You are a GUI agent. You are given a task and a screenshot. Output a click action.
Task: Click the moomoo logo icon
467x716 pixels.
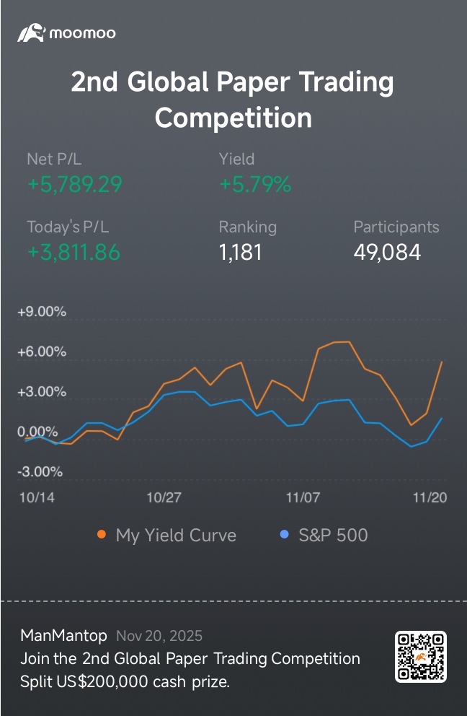tap(31, 33)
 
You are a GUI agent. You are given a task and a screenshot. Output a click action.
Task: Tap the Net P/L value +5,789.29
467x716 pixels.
tap(75, 185)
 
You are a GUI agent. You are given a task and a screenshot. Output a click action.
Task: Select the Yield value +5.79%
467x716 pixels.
tap(255, 185)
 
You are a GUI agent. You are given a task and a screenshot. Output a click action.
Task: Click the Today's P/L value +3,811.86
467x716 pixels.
tap(74, 253)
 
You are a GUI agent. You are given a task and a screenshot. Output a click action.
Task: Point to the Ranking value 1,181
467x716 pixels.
tap(240, 253)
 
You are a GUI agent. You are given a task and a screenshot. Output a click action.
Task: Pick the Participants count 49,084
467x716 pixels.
tap(387, 253)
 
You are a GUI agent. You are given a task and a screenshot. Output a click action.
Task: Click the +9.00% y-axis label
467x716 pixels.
tap(42, 312)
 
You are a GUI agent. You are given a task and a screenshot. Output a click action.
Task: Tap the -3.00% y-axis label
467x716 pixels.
tap(40, 472)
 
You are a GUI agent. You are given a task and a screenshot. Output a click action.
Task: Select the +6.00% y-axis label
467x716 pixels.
tap(42, 352)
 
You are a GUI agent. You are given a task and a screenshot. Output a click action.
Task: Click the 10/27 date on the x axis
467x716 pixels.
tap(164, 497)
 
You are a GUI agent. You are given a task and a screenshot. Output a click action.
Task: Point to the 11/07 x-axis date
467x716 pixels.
tap(303, 497)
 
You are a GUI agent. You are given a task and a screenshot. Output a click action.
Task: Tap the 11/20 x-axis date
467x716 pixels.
tap(430, 497)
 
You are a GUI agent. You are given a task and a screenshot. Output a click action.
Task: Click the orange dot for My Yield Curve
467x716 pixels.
tap(102, 534)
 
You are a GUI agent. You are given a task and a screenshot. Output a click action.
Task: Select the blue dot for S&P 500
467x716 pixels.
tap(284, 534)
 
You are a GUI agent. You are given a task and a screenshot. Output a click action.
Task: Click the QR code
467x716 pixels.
tap(420, 657)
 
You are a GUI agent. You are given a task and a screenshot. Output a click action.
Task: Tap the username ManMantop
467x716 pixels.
tap(64, 636)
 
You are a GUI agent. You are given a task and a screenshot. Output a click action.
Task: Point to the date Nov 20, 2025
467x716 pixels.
tap(159, 636)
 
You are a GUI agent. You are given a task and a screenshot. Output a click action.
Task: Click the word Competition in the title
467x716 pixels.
tap(233, 118)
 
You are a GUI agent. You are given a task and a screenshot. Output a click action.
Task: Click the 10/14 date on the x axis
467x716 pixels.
tap(37, 497)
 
